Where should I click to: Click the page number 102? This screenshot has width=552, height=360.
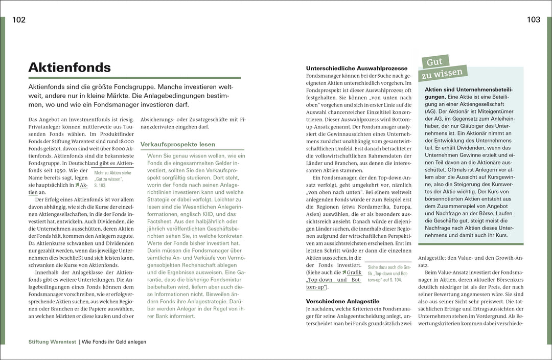[x=19, y=20]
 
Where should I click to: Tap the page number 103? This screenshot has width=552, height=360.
[x=533, y=20]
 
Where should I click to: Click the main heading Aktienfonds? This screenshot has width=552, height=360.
[x=70, y=67]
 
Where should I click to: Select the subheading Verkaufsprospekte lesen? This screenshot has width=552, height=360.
[x=178, y=144]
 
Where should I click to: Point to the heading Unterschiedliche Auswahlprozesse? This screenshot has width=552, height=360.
[x=357, y=68]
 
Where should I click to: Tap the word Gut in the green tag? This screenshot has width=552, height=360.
[x=434, y=62]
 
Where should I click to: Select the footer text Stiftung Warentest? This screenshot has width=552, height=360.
[x=52, y=342]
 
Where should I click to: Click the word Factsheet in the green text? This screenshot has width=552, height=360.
[x=161, y=224]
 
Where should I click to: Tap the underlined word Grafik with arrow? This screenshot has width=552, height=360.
[x=354, y=273]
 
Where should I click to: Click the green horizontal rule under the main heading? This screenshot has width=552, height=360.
[x=134, y=78]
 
